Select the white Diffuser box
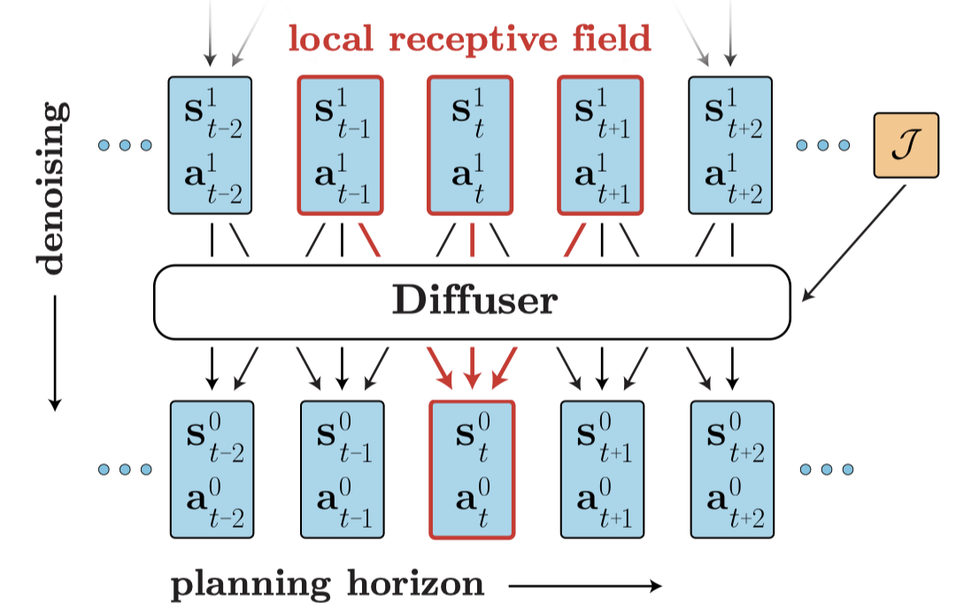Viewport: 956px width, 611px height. click(472, 302)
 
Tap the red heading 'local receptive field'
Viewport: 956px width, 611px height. click(469, 38)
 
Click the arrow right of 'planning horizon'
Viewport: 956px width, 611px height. click(585, 585)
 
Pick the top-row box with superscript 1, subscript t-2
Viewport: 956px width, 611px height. click(210, 146)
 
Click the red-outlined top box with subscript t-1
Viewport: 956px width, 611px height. click(341, 146)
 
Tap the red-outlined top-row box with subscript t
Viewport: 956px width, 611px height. click(470, 146)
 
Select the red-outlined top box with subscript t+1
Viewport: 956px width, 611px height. click(600, 146)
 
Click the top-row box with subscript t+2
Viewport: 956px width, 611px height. click(730, 146)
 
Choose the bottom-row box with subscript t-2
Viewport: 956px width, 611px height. click(211, 469)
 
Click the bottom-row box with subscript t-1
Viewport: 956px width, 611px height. click(342, 469)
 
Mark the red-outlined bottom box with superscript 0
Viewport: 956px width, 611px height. click(471, 469)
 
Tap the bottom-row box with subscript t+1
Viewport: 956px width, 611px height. click(602, 469)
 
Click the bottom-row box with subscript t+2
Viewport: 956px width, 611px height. click(732, 469)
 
